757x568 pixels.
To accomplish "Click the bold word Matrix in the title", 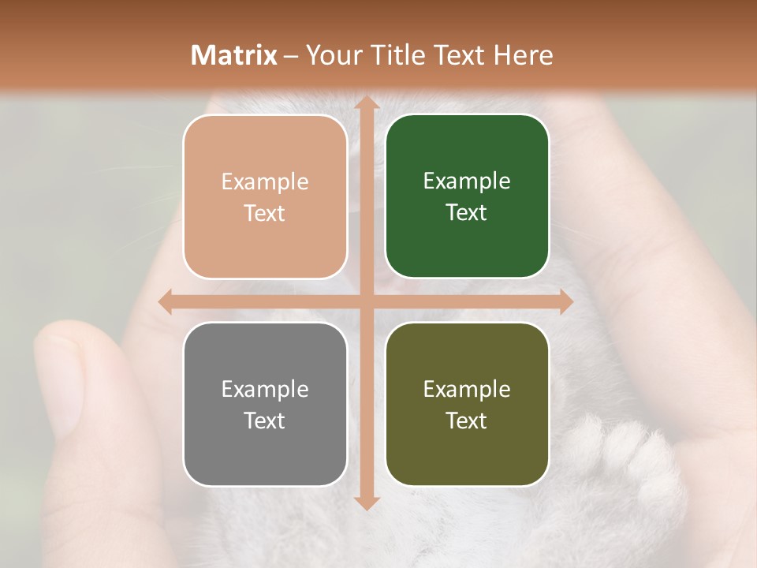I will pyautogui.click(x=233, y=55).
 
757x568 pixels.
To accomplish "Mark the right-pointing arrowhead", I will pyautogui.click(x=565, y=301).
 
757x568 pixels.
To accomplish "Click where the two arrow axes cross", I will pyautogui.click(x=366, y=301).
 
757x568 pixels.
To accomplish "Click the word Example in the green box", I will pyautogui.click(x=467, y=181).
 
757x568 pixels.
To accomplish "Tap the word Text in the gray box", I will pyautogui.click(x=264, y=420).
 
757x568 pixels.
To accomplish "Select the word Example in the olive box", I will pyautogui.click(x=467, y=389).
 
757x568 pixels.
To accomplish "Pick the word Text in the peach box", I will pyautogui.click(x=264, y=213).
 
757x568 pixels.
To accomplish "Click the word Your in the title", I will pyautogui.click(x=330, y=55).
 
